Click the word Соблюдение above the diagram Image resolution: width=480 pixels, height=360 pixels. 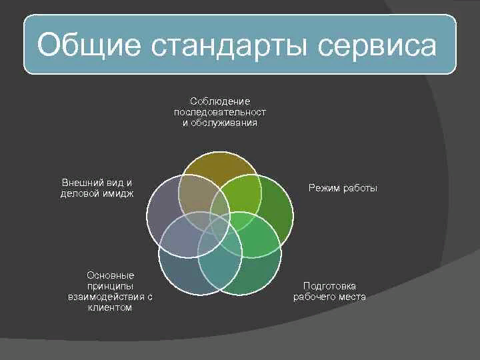point(219,101)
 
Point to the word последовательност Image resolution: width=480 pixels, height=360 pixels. point(219,112)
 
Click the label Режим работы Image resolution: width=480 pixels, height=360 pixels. point(343,189)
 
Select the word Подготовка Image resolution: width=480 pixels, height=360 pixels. point(329,286)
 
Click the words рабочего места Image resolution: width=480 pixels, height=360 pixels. point(329,297)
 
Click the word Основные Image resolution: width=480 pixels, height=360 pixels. point(110,275)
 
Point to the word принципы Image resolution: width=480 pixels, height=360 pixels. point(110,286)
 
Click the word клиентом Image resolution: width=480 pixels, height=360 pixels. point(110,308)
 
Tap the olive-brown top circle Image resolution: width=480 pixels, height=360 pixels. point(219,167)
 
